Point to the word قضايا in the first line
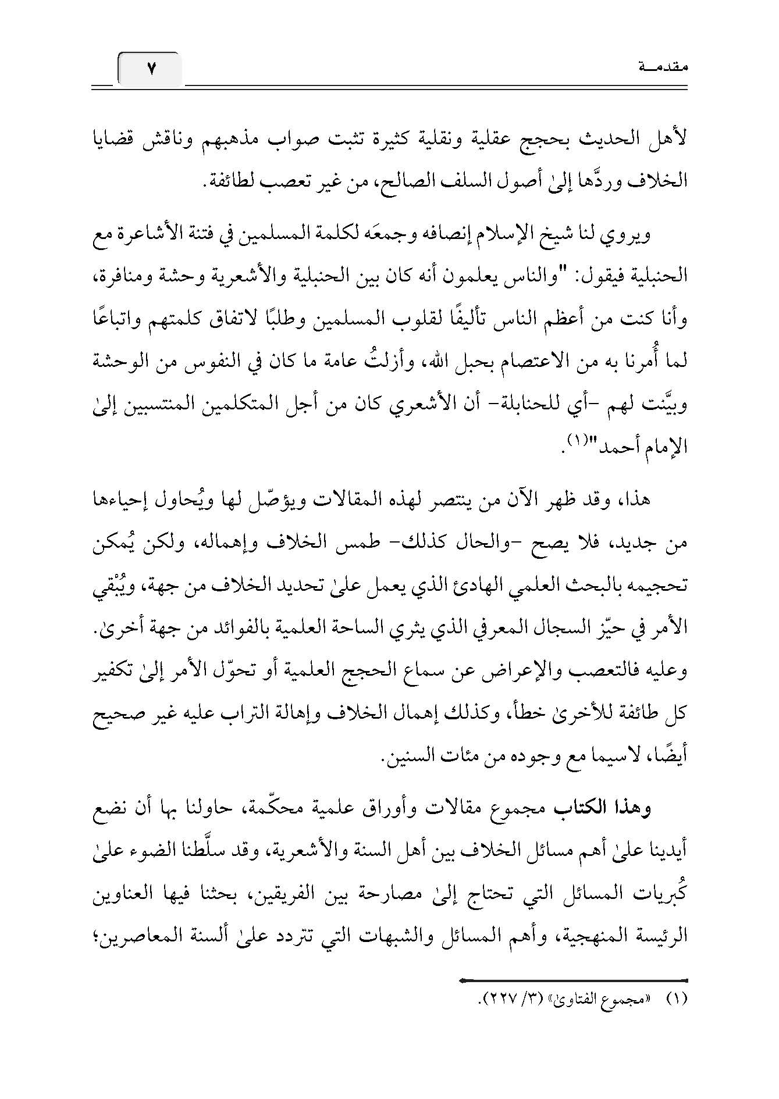[659, 140]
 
